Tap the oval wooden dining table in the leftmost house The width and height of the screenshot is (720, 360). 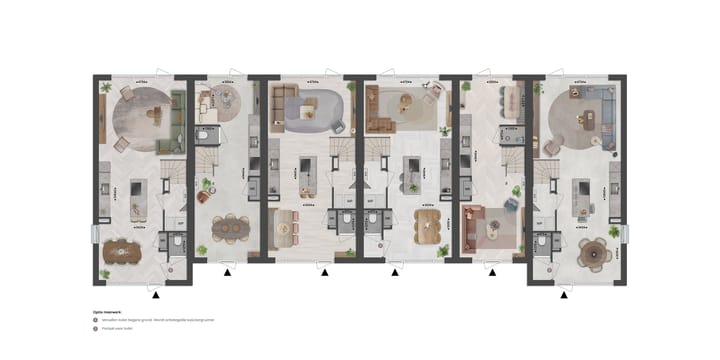point(123,250)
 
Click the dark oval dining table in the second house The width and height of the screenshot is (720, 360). point(230,228)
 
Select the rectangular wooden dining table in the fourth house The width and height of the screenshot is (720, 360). point(429,226)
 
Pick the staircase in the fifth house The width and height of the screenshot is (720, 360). point(510,155)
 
